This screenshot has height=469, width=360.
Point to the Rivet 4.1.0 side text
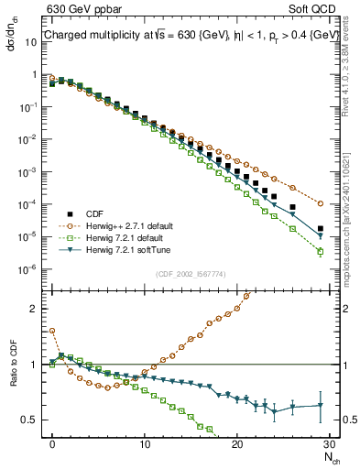point(346,73)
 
